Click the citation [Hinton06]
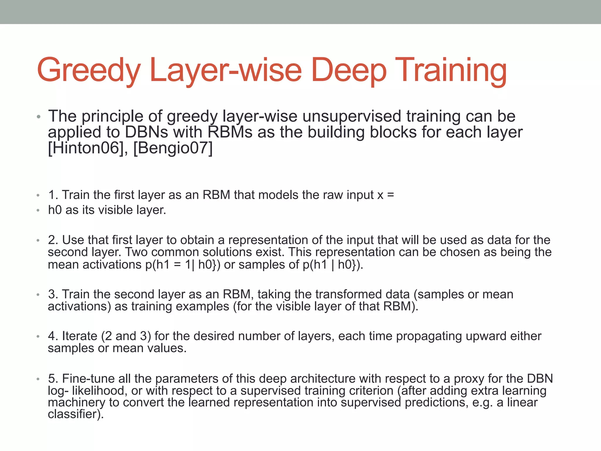pos(85,148)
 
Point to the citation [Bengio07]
pos(173,148)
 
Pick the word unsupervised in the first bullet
pos(352,116)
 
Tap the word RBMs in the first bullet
pos(230,132)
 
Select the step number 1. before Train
pos(53,195)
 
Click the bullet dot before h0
pos(38,211)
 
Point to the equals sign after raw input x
pos(390,195)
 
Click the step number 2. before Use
pos(53,240)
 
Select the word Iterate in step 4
pos(80,336)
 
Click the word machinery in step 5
pos(76,402)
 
